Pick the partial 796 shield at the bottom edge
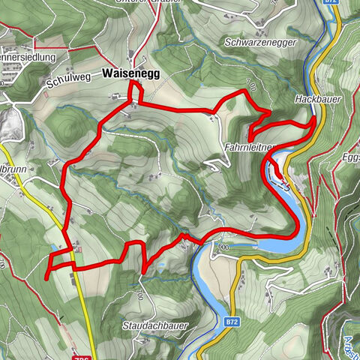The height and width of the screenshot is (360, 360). [x=85, y=355]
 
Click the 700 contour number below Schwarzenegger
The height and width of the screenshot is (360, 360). [x=250, y=88]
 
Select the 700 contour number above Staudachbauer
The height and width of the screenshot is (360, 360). [x=139, y=295]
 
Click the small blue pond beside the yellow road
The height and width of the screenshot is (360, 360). [x=52, y=246]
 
